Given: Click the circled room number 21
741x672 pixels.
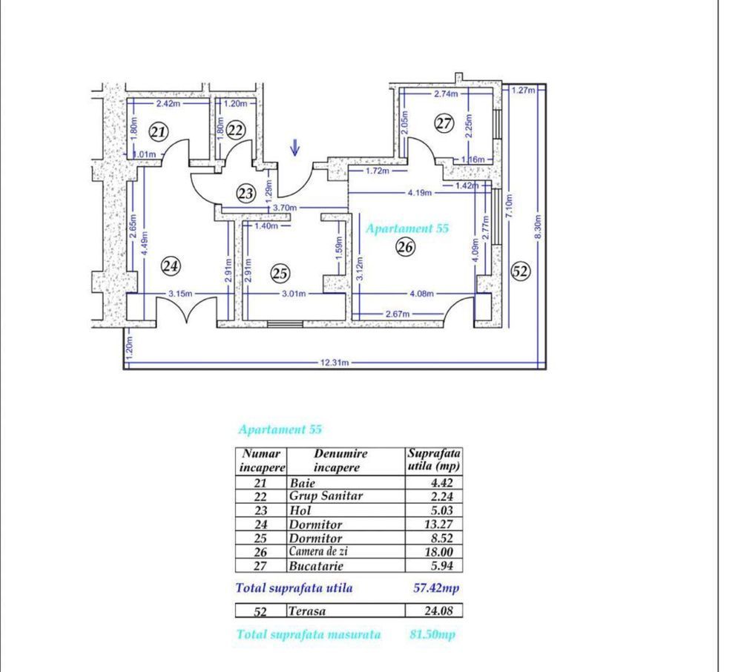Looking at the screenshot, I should pyautogui.click(x=158, y=132).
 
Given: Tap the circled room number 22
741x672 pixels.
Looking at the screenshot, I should pyautogui.click(x=235, y=131).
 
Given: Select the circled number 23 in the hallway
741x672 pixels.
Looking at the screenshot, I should pyautogui.click(x=246, y=193).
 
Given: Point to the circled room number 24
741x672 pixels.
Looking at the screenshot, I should pyautogui.click(x=171, y=265).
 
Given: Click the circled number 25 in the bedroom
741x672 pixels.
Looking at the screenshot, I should pyautogui.click(x=280, y=274).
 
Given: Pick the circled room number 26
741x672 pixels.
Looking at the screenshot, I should pyautogui.click(x=405, y=248).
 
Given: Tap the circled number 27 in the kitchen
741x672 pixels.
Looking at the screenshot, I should pyautogui.click(x=444, y=124).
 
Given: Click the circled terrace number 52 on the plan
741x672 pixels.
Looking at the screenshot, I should pyautogui.click(x=521, y=271).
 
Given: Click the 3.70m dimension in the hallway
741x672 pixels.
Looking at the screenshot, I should pyautogui.click(x=285, y=208).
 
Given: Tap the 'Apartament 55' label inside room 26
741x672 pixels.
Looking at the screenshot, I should pyautogui.click(x=407, y=229).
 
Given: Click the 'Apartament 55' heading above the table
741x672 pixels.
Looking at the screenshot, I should pyautogui.click(x=280, y=429).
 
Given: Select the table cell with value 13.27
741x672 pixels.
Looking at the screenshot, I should pyautogui.click(x=434, y=524).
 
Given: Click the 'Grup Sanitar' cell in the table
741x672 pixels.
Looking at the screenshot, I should pyautogui.click(x=326, y=496).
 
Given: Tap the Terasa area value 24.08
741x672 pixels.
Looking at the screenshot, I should pyautogui.click(x=434, y=612).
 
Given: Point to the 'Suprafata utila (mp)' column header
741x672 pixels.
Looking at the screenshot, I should pyautogui.click(x=434, y=460).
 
